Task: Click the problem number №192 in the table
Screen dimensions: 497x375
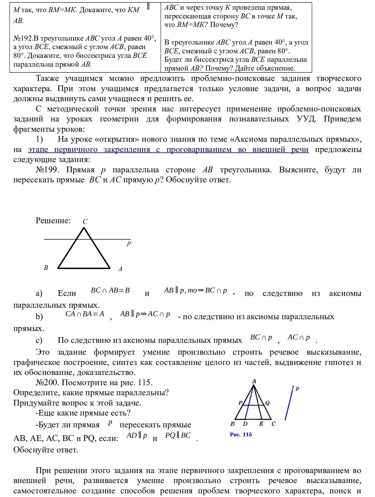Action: [23, 38]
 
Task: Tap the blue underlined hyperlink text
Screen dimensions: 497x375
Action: [168, 150]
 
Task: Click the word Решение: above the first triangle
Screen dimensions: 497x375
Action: [53, 220]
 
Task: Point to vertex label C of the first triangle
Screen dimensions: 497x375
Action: [85, 222]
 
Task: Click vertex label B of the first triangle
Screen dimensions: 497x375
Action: [46, 268]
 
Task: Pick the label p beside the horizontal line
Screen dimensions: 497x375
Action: [129, 243]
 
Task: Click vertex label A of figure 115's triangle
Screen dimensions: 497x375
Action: [254, 381]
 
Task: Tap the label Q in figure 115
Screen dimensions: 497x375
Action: [267, 403]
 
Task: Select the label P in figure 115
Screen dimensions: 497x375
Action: [241, 403]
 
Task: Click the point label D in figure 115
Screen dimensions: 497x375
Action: [245, 424]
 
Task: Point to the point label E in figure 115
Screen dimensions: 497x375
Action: [261, 424]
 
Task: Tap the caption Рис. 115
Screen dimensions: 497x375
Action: [241, 435]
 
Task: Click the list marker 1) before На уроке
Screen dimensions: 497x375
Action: [40, 140]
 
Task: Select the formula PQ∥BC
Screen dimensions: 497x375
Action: [178, 436]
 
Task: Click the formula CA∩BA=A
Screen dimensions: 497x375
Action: [85, 314]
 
